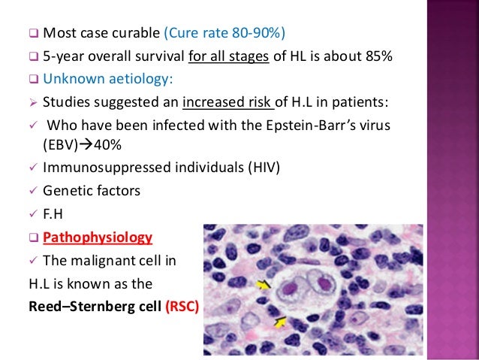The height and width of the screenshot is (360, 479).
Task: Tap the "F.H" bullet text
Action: tap(56, 213)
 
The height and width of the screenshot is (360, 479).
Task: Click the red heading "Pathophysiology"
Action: tap(97, 237)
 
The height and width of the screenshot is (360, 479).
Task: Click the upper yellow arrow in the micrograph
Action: tap(264, 284)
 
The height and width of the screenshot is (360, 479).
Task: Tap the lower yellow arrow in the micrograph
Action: tap(279, 322)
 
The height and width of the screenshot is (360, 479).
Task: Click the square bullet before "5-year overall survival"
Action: tap(33, 56)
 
